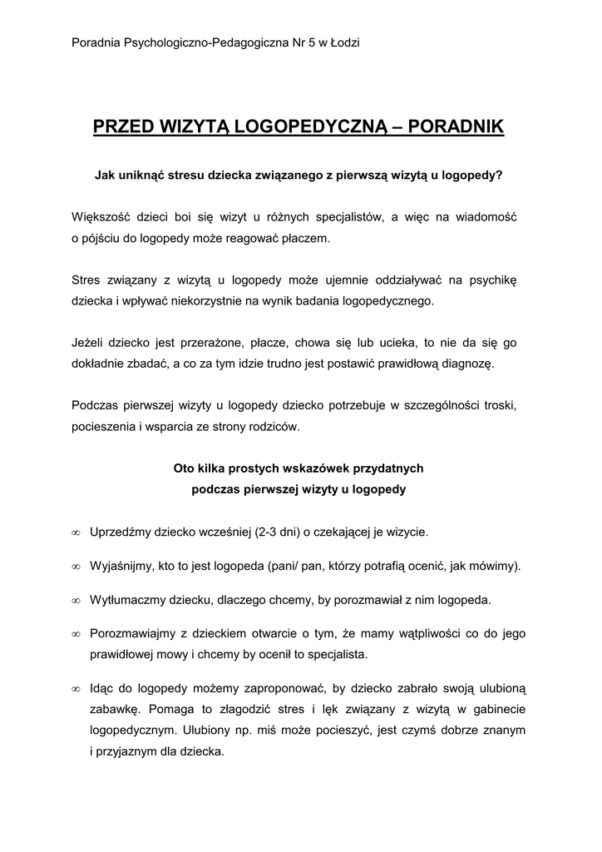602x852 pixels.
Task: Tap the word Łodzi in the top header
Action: pyautogui.click(x=343, y=42)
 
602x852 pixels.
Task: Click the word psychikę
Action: pyautogui.click(x=493, y=280)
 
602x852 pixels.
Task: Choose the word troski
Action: pyautogui.click(x=506, y=405)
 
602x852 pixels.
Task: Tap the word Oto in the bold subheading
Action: pyautogui.click(x=184, y=468)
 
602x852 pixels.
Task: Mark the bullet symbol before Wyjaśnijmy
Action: pyautogui.click(x=76, y=567)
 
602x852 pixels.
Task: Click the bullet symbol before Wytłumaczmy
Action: pyautogui.click(x=76, y=600)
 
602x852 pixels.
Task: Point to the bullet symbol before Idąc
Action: pyautogui.click(x=76, y=690)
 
